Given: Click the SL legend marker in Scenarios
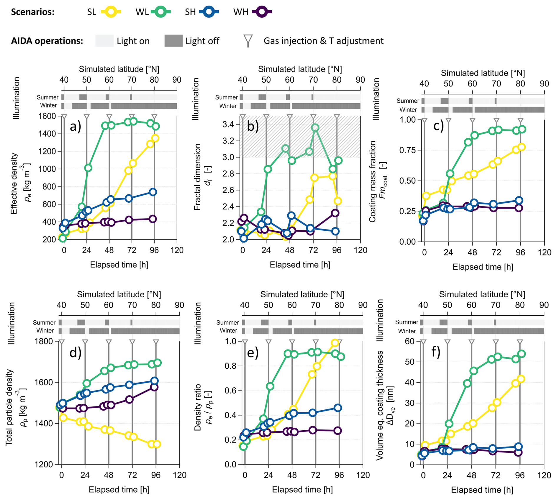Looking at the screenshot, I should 111,12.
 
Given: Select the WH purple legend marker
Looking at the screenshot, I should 262,12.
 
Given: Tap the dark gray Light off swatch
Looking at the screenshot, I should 173,41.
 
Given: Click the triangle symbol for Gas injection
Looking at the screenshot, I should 248,40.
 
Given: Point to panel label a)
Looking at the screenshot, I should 75,126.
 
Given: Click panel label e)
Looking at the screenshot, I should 253,352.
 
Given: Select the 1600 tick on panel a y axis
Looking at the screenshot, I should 47,116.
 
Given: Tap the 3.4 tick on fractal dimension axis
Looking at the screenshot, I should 228,124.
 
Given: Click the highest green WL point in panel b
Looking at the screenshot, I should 315,128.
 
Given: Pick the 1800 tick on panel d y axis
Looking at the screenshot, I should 44,341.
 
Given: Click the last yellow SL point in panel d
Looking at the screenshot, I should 157,444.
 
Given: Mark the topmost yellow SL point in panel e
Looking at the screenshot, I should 335,343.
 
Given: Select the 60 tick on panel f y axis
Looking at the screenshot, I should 410,341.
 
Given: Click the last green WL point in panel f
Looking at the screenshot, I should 521,354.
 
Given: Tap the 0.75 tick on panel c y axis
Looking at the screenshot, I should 407,150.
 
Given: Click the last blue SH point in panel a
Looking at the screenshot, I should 152,192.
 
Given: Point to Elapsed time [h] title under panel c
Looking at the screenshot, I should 483,267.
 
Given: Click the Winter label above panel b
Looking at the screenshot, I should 228,106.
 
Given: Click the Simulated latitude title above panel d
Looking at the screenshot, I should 119,294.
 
